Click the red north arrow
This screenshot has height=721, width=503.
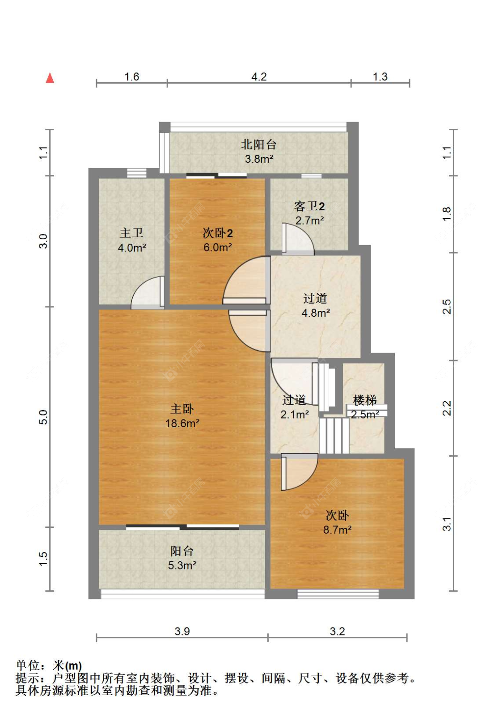coord(50,78)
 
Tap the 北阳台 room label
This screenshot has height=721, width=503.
coord(258,144)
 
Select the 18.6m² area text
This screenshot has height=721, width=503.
coord(182,423)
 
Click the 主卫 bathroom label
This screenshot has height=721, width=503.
coord(131,233)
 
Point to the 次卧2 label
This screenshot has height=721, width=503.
coord(218,233)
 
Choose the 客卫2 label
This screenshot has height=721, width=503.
coord(309,206)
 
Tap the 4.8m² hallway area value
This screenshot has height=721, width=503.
coord(315,313)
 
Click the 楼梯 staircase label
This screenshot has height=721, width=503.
coord(364,400)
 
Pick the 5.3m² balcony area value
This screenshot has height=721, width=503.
coord(182,565)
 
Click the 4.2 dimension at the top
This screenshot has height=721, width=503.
coord(259,77)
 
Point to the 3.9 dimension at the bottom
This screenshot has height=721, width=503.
coord(182,631)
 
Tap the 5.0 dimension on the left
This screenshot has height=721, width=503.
coord(43,417)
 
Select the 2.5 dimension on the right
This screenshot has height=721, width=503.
coord(447,306)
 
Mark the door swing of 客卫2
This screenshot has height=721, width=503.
coord(298,239)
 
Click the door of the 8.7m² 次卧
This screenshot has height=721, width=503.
coord(299,472)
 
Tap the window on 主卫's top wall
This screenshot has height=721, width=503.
coord(137,173)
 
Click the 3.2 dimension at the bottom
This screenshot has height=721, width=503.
coord(337,631)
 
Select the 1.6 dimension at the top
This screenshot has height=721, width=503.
coord(131,77)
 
